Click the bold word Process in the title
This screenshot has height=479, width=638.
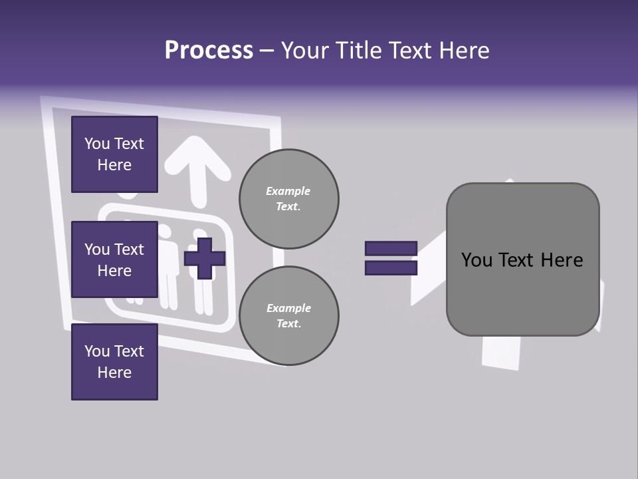[209, 51]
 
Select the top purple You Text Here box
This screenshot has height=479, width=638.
[115, 154]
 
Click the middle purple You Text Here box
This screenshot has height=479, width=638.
[115, 259]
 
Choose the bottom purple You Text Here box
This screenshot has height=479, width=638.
[115, 362]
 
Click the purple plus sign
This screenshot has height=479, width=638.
[205, 259]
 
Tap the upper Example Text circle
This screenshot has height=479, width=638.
[289, 199]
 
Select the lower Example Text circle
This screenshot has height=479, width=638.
[289, 315]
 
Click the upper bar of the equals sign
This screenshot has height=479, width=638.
[391, 248]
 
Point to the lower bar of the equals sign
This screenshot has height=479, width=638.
[391, 268]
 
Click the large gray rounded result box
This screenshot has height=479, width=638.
[523, 259]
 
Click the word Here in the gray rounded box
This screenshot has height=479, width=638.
[562, 260]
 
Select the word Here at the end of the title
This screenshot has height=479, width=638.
[465, 51]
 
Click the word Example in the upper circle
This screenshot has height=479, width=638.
[288, 191]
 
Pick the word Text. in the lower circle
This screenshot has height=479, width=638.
[289, 323]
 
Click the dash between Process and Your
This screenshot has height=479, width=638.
[266, 51]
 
